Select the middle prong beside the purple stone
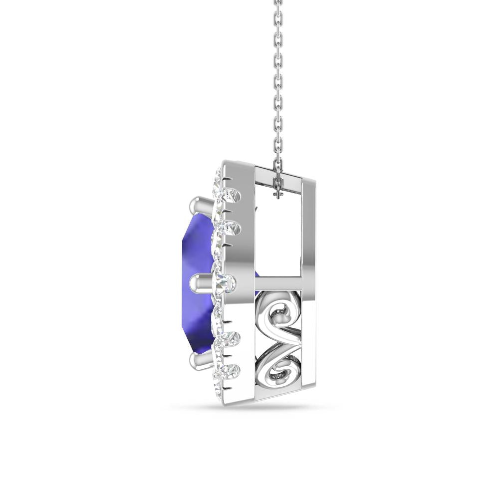(x=201, y=284)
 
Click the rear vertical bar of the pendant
(x=311, y=279)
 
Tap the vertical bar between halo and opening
(x=247, y=279)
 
